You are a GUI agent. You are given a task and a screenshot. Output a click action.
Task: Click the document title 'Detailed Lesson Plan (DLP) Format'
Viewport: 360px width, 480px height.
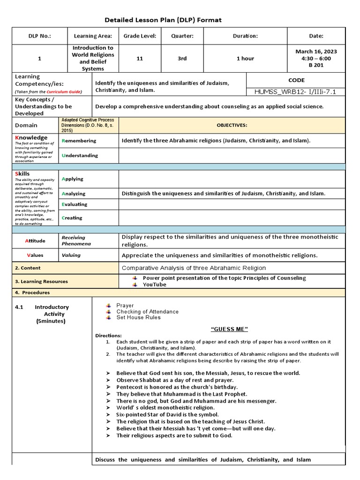(x=163, y=20)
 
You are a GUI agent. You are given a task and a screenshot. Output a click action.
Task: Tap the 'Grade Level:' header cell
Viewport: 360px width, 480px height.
(x=140, y=36)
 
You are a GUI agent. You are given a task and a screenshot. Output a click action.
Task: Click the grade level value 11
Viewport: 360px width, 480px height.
(x=140, y=59)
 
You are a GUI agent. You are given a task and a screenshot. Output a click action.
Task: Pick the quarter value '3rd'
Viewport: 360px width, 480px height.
(x=182, y=59)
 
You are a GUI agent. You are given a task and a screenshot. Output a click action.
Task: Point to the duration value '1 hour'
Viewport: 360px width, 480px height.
(x=245, y=59)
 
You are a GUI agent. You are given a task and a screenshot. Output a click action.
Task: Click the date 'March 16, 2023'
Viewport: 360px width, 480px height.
(x=316, y=52)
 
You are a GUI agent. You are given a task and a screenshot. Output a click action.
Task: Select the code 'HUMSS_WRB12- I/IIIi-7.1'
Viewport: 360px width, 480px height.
(x=296, y=92)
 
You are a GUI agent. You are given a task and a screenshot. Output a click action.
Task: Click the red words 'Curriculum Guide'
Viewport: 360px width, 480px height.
(x=63, y=92)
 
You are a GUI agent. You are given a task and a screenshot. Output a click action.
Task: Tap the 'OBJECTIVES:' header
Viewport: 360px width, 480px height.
(x=232, y=126)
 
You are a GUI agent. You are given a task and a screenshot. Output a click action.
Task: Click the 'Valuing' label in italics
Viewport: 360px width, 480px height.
(x=71, y=255)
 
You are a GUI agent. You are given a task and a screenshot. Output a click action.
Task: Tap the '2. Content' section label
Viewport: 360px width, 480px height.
(x=28, y=268)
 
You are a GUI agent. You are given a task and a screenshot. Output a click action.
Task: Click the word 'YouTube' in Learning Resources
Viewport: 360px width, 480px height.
(x=154, y=285)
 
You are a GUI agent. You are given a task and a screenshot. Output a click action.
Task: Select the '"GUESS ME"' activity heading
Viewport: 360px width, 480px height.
(x=229, y=329)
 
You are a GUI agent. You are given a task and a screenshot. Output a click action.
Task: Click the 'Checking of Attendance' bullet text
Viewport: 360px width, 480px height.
(x=147, y=312)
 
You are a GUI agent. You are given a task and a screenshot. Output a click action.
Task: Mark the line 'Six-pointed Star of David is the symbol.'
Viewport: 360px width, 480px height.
(x=167, y=415)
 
